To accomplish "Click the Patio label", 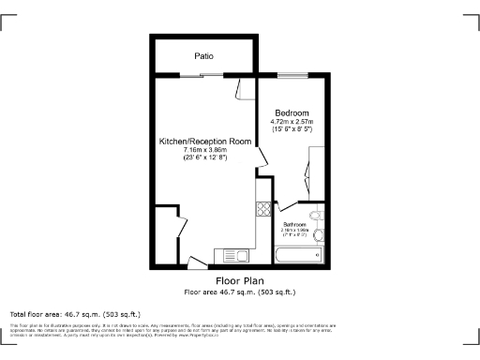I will pos(203,56).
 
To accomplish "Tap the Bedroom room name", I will pos(291,113).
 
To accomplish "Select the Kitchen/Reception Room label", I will pos(205,141).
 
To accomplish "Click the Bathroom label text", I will pos(296,225).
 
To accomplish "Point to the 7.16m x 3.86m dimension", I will pos(205,150).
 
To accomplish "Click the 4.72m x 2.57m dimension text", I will pos(291,122).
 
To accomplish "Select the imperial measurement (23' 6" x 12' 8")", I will pos(205,157).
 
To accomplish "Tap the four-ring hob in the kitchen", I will pos(264,210).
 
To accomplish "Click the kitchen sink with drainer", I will pos(232,255).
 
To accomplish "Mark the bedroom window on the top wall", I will pos(292,75).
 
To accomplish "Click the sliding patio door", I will pos(204,75).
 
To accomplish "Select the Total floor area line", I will pos(75,313).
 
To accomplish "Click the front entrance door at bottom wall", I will pos(196,262).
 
